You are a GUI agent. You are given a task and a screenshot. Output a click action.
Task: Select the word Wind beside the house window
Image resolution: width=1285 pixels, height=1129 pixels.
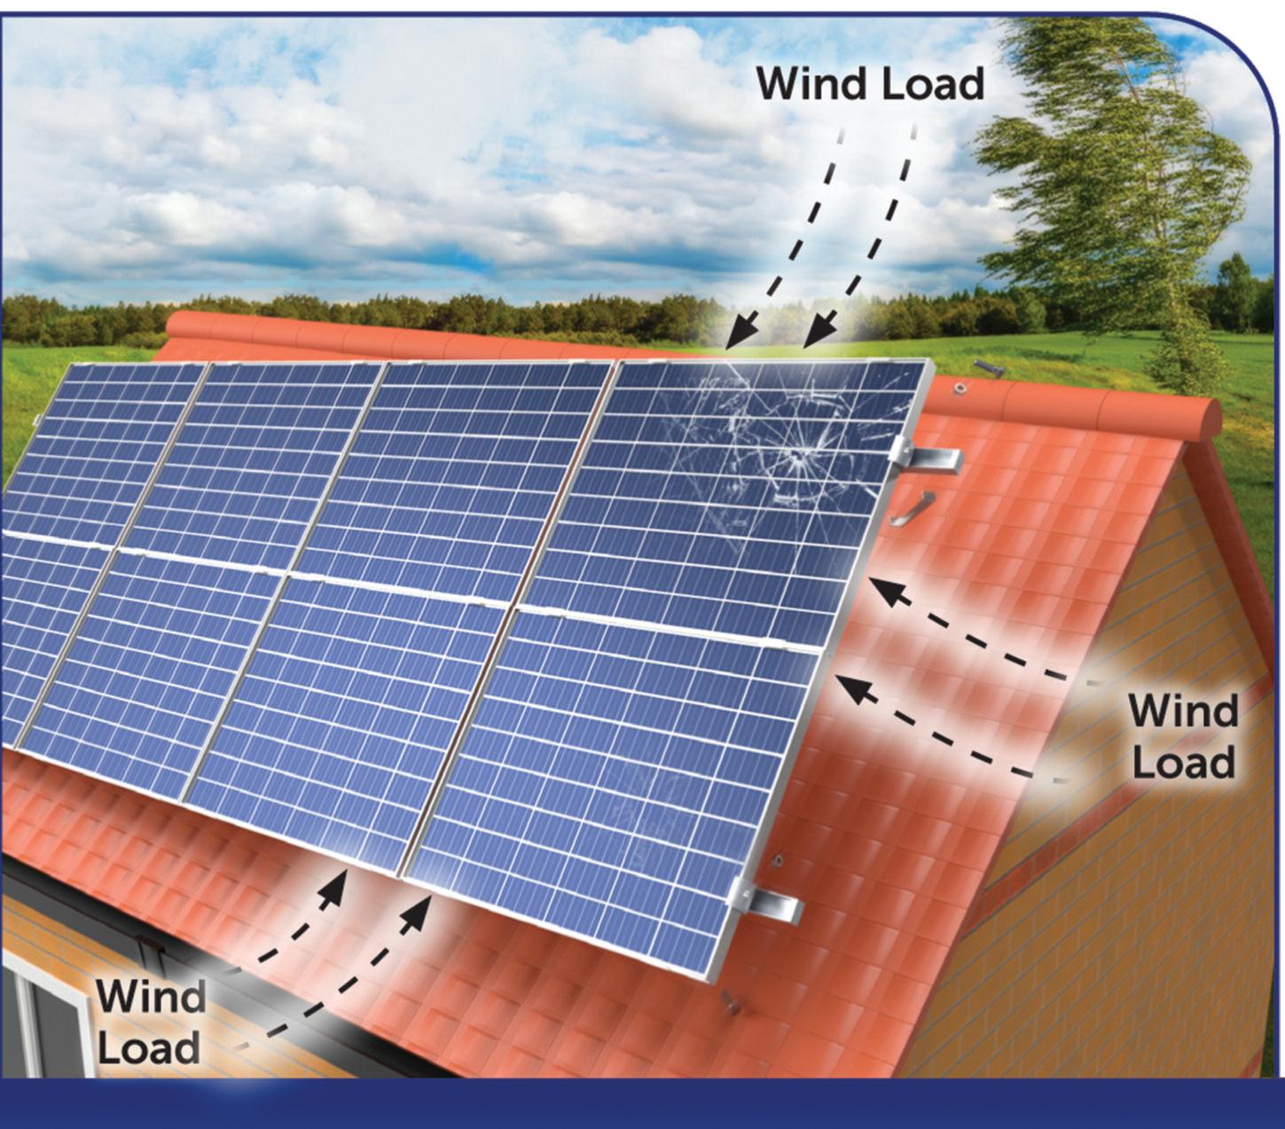(x=151, y=996)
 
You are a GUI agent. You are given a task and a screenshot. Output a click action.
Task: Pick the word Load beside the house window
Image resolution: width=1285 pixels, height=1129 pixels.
(x=149, y=1047)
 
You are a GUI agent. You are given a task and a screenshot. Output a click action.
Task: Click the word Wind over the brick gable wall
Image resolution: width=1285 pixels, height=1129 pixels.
(x=1183, y=711)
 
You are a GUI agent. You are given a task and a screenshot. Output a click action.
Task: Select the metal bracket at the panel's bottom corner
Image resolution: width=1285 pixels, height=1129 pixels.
(x=766, y=904)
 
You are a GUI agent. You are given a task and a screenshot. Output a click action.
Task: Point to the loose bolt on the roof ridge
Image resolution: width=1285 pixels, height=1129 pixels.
(x=989, y=367)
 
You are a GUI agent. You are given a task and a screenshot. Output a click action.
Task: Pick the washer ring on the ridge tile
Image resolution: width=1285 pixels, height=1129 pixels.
(x=959, y=388)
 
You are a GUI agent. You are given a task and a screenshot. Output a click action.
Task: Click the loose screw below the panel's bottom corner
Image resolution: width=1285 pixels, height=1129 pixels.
(x=730, y=1002)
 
